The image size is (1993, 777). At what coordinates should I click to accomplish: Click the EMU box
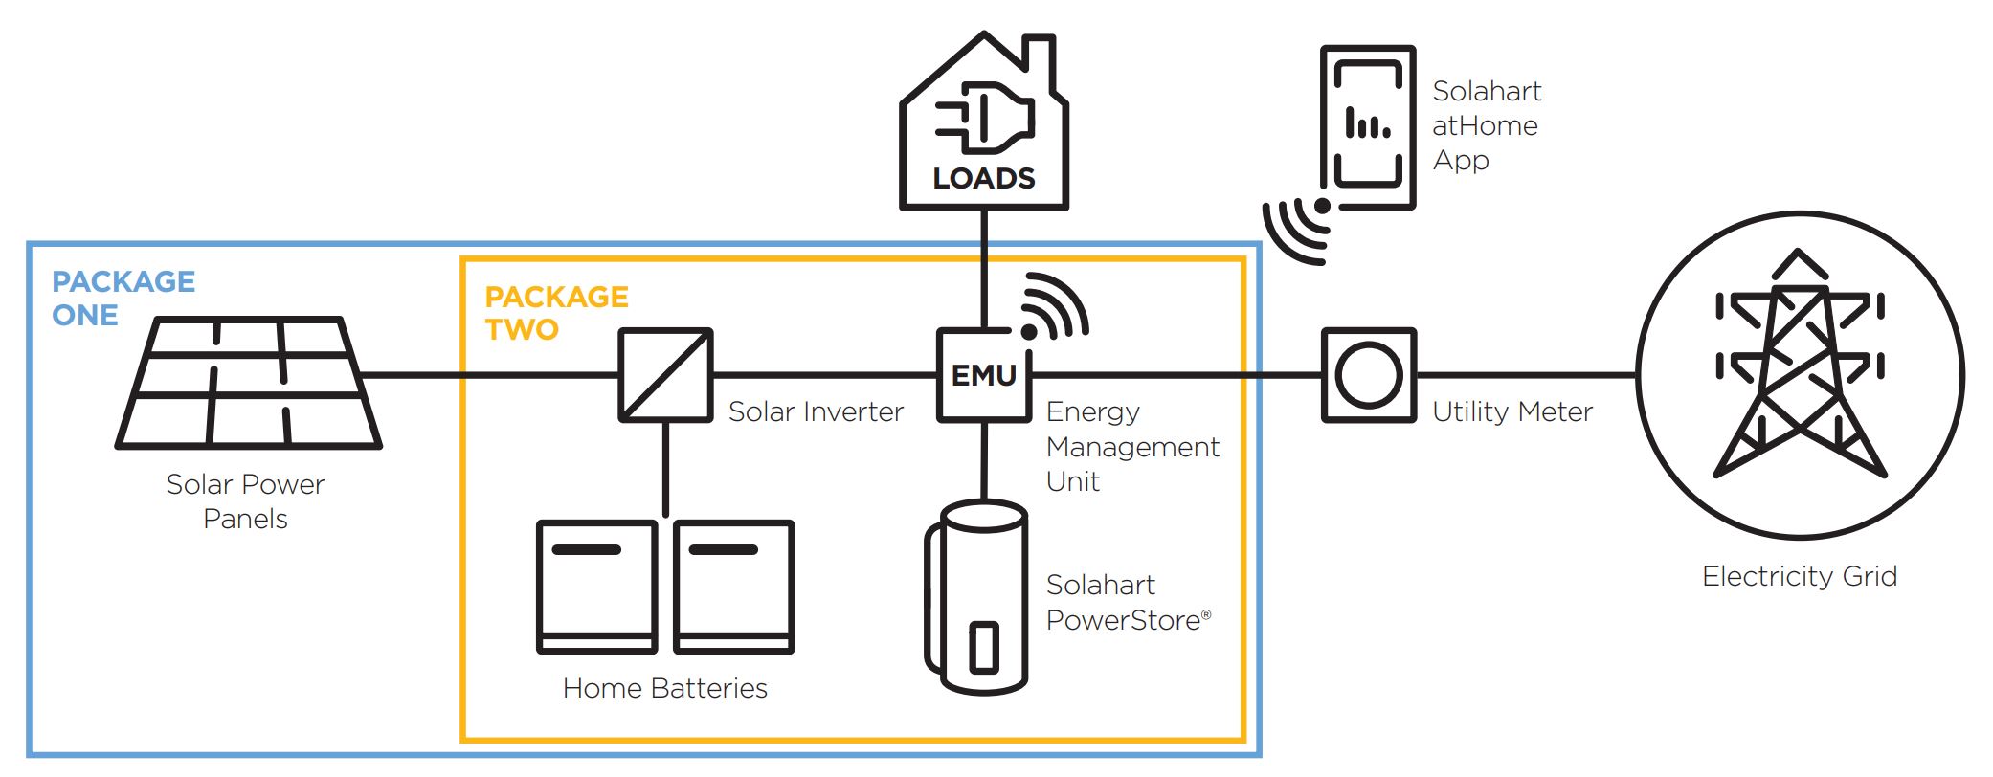pyautogui.click(x=984, y=375)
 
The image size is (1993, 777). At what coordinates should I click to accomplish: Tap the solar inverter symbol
pyautogui.click(x=665, y=375)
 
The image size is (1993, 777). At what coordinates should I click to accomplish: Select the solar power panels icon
pyautogui.click(x=249, y=384)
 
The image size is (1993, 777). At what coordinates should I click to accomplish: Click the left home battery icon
pyautogui.click(x=596, y=587)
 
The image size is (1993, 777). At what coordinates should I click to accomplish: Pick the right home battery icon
pyautogui.click(x=734, y=587)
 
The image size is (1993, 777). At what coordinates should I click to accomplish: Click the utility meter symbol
pyautogui.click(x=1368, y=375)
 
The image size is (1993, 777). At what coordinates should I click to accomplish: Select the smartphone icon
pyautogui.click(x=1368, y=126)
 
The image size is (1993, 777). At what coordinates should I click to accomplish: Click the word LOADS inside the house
pyautogui.click(x=984, y=179)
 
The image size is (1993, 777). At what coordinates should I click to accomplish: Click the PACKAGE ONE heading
pyautogui.click(x=123, y=298)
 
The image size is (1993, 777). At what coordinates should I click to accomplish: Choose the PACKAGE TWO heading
pyautogui.click(x=556, y=312)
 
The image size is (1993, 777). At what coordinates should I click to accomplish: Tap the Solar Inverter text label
pyautogui.click(x=816, y=411)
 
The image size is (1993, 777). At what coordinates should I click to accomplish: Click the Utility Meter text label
pyautogui.click(x=1512, y=411)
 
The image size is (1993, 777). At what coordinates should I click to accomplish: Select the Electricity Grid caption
pyautogui.click(x=1799, y=576)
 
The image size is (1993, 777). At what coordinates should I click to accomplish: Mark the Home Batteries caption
pyautogui.click(x=664, y=688)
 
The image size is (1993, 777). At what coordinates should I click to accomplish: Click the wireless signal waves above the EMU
pyautogui.click(x=1053, y=306)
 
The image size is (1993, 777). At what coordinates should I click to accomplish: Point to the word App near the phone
pyautogui.click(x=1461, y=161)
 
